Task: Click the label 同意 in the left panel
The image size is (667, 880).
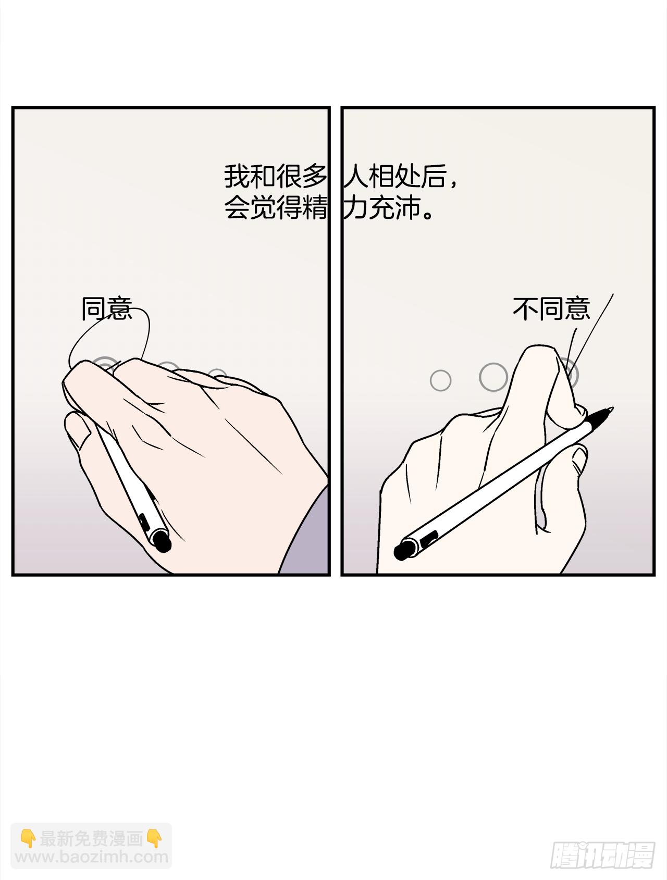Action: point(107,309)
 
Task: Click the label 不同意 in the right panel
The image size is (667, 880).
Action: point(551,309)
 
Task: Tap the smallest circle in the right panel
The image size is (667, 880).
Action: point(440,381)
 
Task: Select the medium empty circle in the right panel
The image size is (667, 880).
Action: point(493,377)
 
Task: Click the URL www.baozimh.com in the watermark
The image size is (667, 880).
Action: point(92,857)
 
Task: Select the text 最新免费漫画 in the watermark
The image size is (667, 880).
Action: point(92,839)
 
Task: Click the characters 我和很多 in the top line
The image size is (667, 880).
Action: point(275,177)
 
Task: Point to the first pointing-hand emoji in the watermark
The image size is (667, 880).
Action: point(28,839)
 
